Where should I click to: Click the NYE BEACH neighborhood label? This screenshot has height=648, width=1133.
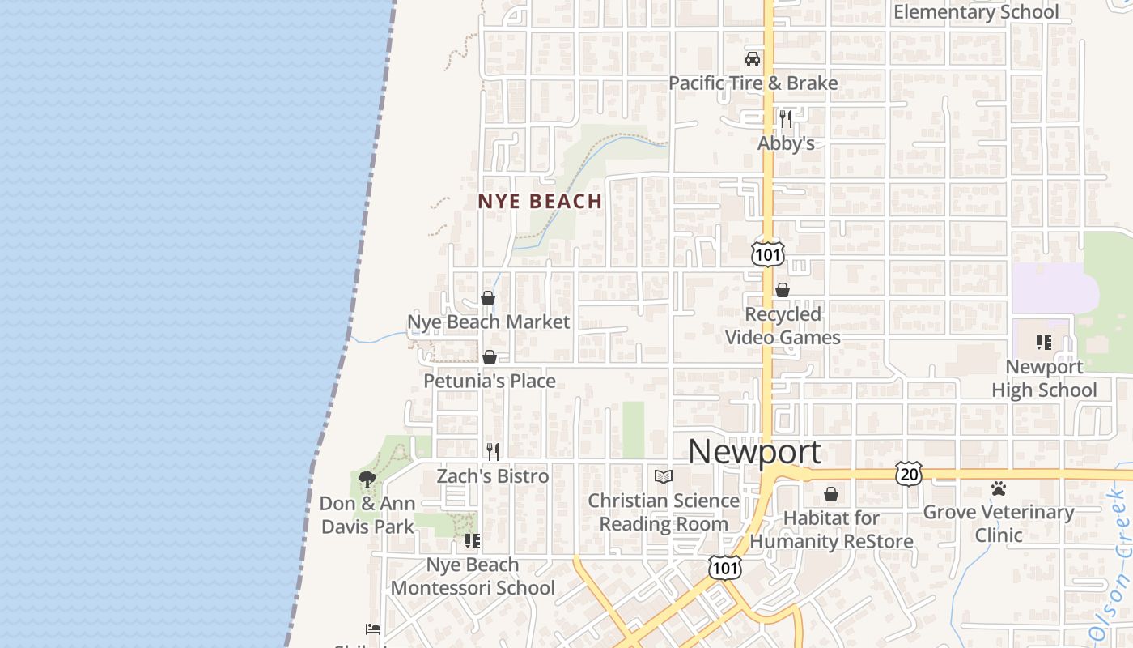540,201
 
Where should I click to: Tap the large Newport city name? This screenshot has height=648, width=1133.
754,451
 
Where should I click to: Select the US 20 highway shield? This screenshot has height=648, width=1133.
908,473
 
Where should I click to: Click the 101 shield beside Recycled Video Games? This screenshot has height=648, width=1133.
767,254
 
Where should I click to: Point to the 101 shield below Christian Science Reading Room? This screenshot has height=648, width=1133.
724,567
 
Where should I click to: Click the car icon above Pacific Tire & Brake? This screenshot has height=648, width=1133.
753,58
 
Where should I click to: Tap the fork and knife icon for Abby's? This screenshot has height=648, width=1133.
786,119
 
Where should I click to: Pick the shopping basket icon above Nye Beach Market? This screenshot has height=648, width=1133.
488,298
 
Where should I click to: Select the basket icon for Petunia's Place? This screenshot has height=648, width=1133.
490,357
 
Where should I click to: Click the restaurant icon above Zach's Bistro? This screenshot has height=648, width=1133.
492,452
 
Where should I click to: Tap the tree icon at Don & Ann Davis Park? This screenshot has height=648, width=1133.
367,479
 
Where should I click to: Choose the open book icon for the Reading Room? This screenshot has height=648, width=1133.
664,476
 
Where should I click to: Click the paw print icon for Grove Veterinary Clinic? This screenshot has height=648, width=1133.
999,488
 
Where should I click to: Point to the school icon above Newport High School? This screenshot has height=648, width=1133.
1044,343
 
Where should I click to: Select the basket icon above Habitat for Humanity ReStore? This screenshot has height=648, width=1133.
831,493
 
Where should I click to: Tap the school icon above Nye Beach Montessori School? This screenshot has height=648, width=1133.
473,540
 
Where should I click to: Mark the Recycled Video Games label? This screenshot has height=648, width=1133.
783,326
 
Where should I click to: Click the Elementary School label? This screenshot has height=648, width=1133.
976,11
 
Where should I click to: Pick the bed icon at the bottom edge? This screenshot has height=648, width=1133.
373,629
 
